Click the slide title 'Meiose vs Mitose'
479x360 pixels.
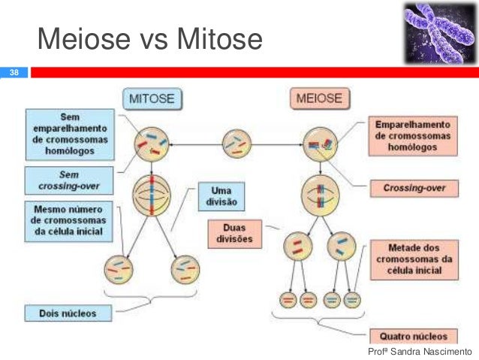pos(149,40)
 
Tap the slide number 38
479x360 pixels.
pos(13,73)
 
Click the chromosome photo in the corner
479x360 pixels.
pos(437,32)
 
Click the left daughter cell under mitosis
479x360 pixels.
pos(120,267)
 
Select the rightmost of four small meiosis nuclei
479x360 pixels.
pos(352,300)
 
